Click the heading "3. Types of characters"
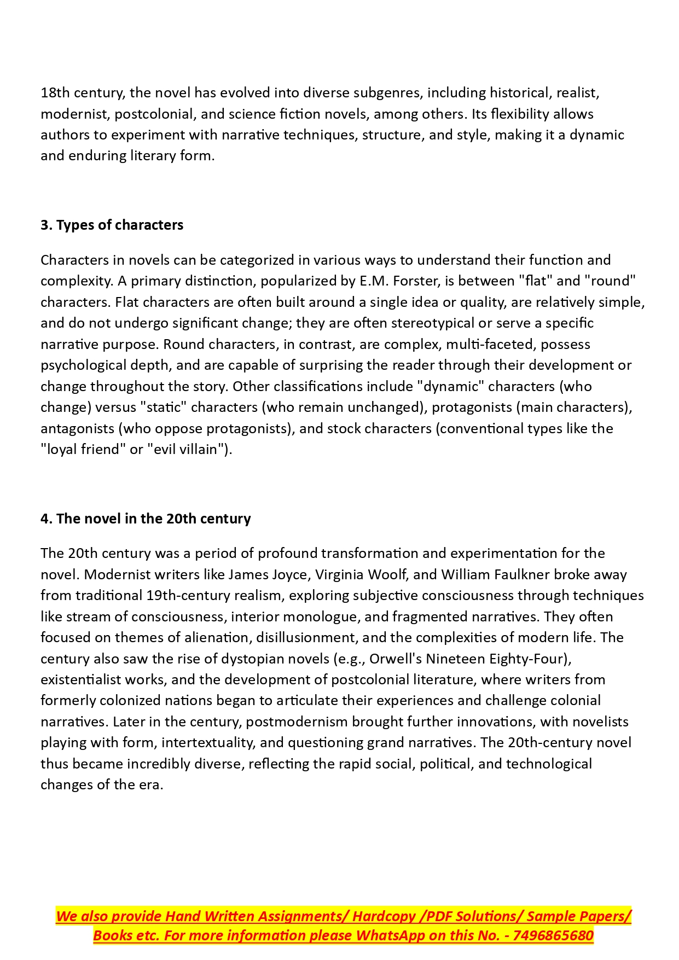tap(112, 225)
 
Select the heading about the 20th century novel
tap(146, 519)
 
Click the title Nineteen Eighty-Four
tap(497, 659)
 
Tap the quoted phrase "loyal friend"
tap(84, 450)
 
